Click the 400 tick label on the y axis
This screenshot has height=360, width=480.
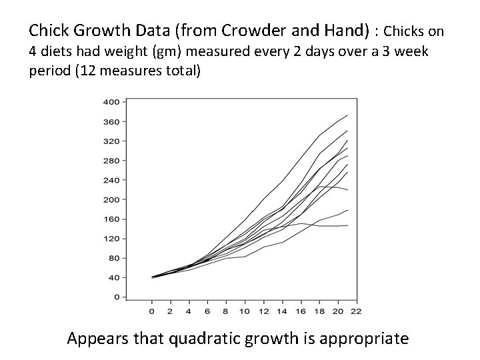point(111,102)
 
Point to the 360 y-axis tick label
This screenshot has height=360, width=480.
point(111,121)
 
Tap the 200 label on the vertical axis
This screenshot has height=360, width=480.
point(111,199)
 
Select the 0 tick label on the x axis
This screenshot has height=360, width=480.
point(152,311)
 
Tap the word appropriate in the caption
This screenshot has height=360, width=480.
point(365,339)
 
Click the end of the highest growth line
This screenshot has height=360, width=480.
point(348,115)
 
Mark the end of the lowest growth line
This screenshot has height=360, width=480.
point(348,226)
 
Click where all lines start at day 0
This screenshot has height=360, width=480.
point(153,277)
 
